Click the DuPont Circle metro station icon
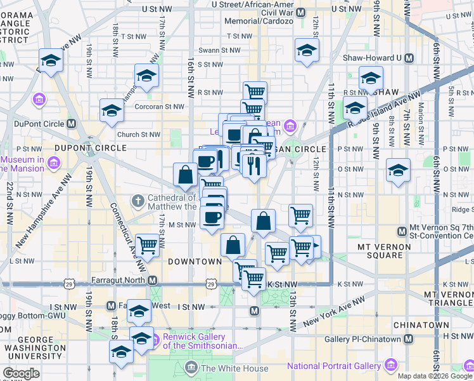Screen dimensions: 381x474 click(72, 123)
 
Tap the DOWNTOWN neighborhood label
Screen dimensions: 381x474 click(195, 261)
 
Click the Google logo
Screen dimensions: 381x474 click(22, 373)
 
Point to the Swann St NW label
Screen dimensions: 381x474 click(219, 50)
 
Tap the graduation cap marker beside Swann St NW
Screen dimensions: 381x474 click(307, 50)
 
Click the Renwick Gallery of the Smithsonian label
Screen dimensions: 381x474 click(202, 341)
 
